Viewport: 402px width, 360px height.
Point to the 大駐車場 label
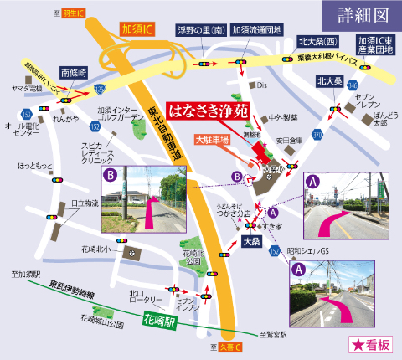[x=213, y=139]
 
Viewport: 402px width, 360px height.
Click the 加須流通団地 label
[x=255, y=29]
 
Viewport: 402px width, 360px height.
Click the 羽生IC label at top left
[x=74, y=13]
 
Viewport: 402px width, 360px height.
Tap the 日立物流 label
[x=84, y=203]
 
